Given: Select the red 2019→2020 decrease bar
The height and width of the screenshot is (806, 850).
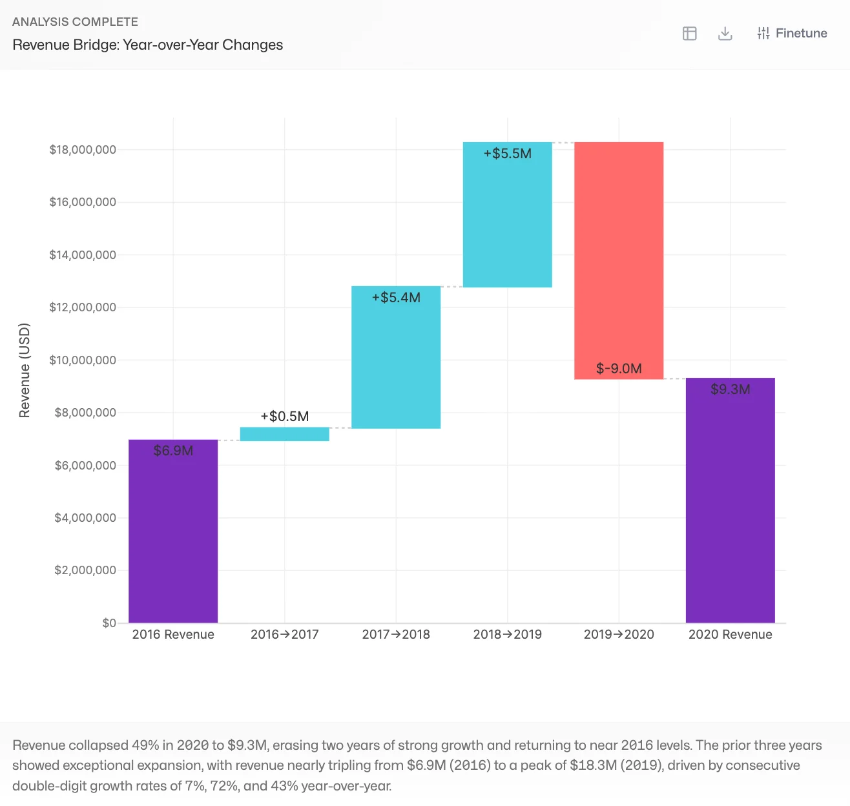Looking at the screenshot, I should pyautogui.click(x=619, y=258).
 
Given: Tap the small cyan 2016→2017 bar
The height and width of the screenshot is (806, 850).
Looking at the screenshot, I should pyautogui.click(x=285, y=434).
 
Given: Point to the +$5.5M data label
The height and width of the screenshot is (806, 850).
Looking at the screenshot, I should pyautogui.click(x=508, y=154).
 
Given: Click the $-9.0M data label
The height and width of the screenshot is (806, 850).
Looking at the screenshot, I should pyautogui.click(x=619, y=369).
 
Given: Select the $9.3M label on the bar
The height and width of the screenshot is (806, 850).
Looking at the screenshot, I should pyautogui.click(x=730, y=389).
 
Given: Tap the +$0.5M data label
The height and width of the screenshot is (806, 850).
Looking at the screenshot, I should pyautogui.click(x=285, y=417).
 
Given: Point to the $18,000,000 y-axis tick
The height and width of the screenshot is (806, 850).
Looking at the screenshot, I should pyautogui.click(x=83, y=150).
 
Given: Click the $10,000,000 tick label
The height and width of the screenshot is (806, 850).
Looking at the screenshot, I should pyautogui.click(x=83, y=360).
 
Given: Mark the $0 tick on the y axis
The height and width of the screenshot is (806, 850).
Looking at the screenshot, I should pyautogui.click(x=109, y=623).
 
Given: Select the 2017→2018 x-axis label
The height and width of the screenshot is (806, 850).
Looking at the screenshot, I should pyautogui.click(x=396, y=634).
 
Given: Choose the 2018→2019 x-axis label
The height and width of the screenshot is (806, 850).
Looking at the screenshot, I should pyautogui.click(x=508, y=634).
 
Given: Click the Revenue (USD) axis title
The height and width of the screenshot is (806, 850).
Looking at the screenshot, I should pyautogui.click(x=25, y=370).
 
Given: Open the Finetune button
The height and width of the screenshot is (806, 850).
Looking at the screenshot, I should pyautogui.click(x=792, y=34).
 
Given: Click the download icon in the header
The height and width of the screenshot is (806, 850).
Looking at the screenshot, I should pyautogui.click(x=725, y=34).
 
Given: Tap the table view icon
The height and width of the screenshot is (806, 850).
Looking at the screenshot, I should pyautogui.click(x=690, y=34).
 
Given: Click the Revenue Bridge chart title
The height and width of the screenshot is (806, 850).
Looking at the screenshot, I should pyautogui.click(x=148, y=45).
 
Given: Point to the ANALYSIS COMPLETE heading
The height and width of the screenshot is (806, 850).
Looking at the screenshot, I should pyautogui.click(x=75, y=22).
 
